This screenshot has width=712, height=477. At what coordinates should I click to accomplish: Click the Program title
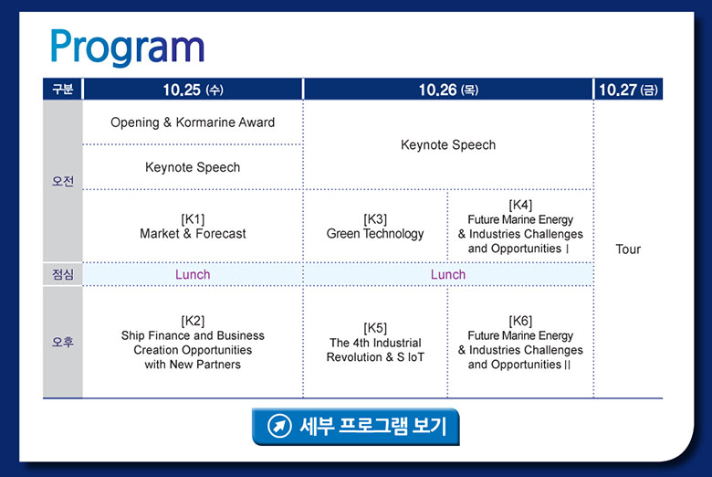127,48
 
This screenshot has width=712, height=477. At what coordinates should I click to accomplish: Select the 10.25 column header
193,90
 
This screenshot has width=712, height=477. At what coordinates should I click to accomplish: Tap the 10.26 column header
448,90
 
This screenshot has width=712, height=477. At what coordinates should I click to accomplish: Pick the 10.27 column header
628,90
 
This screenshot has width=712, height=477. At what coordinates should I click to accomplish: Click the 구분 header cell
63,89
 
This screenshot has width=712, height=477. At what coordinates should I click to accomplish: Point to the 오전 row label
63,181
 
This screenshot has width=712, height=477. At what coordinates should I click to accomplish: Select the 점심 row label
63,274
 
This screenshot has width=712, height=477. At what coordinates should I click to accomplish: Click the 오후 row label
63,342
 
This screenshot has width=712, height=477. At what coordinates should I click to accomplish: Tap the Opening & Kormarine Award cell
193,122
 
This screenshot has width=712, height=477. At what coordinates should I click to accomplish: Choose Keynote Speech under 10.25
193,167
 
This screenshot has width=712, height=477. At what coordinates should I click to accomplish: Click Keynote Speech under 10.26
448,145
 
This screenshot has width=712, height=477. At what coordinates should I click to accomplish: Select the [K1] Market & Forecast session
193,227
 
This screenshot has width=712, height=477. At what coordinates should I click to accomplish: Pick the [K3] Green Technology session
375,227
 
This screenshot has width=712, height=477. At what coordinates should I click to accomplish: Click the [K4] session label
520,205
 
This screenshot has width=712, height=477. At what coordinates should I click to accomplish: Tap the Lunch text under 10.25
193,275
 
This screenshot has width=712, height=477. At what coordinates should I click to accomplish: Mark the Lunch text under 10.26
448,275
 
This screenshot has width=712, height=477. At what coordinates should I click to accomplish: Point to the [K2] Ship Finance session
193,343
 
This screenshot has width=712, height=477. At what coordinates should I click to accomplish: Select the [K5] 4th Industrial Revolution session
375,343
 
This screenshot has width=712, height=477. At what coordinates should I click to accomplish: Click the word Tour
628,249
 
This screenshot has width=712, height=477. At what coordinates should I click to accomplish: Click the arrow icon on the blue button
279,426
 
